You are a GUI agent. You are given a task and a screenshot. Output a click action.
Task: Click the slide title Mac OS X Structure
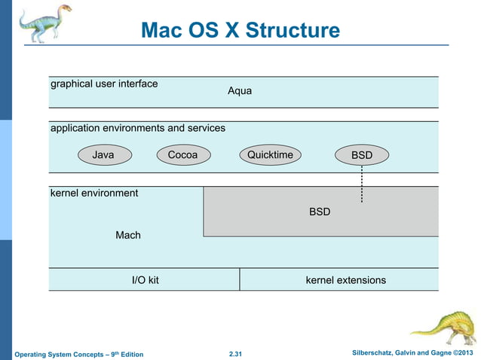[x=240, y=31]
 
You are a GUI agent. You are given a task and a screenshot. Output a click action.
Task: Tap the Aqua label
[x=240, y=91]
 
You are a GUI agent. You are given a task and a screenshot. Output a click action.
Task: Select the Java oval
[x=103, y=155]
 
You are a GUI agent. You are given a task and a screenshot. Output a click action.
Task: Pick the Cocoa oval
[x=182, y=155]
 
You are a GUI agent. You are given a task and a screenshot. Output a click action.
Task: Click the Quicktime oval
[x=270, y=155]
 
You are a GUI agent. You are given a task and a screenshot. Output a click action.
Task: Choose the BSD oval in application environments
[x=362, y=155]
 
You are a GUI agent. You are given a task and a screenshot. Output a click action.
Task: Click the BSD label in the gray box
[x=320, y=212]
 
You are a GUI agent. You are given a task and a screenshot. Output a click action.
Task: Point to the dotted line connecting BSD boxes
[x=362, y=185]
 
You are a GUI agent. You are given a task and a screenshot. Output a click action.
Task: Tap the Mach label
[x=128, y=236]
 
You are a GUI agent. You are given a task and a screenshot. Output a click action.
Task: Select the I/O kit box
[x=145, y=280]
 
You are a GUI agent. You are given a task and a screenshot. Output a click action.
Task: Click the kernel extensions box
[x=345, y=280]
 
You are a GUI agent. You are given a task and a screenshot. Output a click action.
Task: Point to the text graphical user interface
[x=104, y=84]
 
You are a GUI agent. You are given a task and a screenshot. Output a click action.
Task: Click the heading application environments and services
[x=137, y=128]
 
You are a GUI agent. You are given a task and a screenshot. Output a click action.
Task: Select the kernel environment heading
[x=94, y=194]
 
